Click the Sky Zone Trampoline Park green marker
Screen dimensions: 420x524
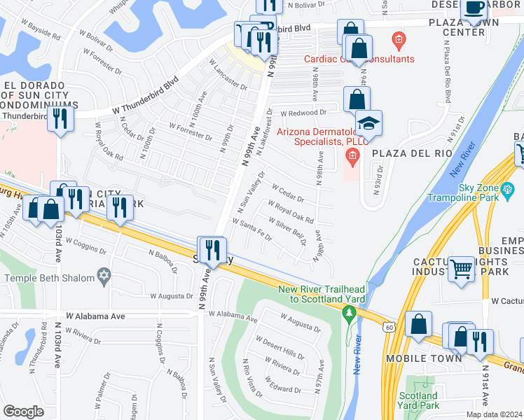click(x=509, y=189)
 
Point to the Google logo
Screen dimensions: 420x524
click(x=23, y=412)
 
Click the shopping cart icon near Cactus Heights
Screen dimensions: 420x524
click(x=462, y=267)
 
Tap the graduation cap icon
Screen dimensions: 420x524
click(x=368, y=123)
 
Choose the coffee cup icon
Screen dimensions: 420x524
click(x=474, y=8)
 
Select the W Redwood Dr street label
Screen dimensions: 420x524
click(x=303, y=113)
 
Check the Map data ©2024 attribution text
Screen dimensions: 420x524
click(x=493, y=414)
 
